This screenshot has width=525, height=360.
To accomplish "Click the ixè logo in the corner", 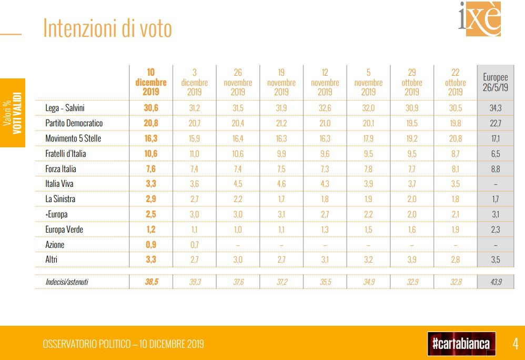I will point(479,19).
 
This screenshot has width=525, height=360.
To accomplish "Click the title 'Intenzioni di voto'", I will point(107,28).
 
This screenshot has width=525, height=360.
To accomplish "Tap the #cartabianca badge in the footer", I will point(461,344).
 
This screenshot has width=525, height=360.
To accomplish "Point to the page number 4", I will point(516,344).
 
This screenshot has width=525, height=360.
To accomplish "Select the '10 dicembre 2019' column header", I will point(151,82).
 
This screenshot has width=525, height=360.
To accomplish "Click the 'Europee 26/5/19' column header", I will point(495,82).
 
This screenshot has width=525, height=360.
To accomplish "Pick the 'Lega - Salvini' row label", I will point(65,108).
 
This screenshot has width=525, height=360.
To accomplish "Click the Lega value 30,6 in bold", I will point(151,108).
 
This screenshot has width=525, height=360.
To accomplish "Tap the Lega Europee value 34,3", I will point(495,108).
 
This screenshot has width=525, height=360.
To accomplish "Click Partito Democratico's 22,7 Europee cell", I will point(495,123).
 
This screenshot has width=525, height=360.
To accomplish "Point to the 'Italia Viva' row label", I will point(59,184).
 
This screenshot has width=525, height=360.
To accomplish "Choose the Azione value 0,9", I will point(151,245).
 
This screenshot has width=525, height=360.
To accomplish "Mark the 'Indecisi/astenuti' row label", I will point(67,282).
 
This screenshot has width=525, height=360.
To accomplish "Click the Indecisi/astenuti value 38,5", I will point(151,282).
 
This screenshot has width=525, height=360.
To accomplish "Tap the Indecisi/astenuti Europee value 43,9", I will point(495,282).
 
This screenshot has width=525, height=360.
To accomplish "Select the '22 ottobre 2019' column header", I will point(456,82).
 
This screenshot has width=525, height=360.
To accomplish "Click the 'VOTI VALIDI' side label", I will point(17,113).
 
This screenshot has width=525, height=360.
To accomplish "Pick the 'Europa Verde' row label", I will point(64,229).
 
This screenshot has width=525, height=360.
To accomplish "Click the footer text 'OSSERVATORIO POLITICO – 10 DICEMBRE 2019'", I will point(123,345).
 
